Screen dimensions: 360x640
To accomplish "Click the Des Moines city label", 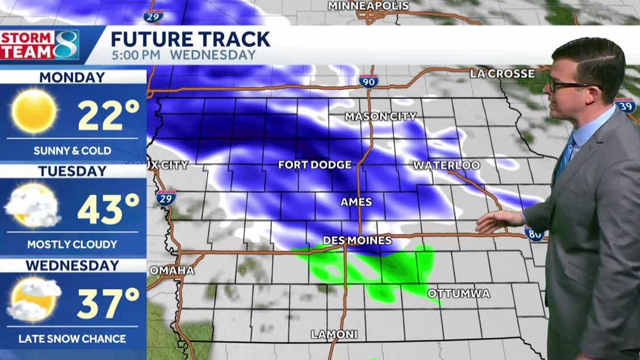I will click(357, 240).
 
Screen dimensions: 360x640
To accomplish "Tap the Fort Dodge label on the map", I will click(315, 165).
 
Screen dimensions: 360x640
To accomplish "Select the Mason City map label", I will click(380, 116).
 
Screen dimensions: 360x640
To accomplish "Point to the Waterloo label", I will click(446, 165).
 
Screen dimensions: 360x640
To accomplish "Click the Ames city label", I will click(356, 202).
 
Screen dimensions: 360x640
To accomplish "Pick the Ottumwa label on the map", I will click(458, 293).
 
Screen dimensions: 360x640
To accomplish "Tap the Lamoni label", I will click(334, 334).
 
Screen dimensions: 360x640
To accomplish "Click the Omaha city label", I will click(172, 270).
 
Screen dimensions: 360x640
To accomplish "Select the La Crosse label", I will click(502, 73).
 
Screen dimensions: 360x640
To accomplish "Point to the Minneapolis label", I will click(368, 6).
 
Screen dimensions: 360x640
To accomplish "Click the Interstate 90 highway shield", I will click(368, 81).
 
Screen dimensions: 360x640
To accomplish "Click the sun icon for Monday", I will click(34, 111).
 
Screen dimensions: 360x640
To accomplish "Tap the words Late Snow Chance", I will click(72, 338).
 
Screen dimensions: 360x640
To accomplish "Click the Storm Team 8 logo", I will click(39, 45).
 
